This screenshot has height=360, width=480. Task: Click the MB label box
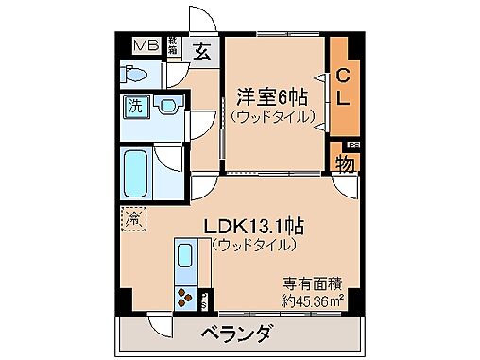tap(146, 44)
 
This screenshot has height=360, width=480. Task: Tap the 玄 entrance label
tap(203, 51)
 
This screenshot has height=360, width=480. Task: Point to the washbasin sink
tap(168, 106)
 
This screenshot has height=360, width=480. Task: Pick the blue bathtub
tap(138, 172)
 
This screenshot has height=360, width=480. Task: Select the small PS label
tap(353, 144)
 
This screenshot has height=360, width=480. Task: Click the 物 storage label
tap(346, 163)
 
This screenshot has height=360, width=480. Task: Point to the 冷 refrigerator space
tap(132, 219)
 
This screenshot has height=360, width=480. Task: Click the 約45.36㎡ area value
tap(312, 300)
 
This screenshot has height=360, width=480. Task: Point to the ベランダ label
tap(237, 334)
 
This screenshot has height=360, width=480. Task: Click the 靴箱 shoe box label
tap(173, 45)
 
